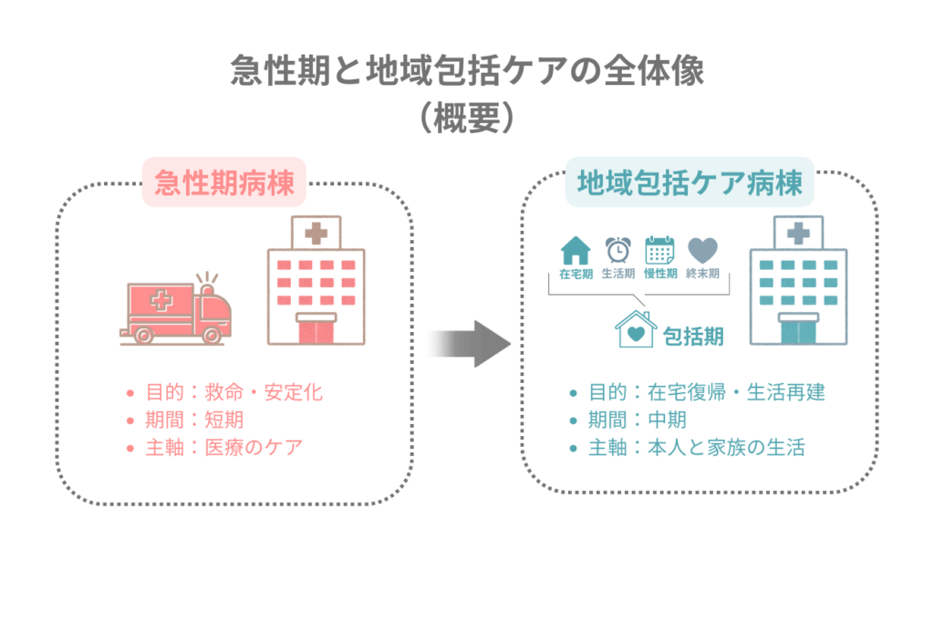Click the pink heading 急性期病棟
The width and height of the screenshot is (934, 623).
click(224, 183)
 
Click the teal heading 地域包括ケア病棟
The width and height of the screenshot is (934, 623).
click(684, 183)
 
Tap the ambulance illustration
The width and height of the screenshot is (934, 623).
click(175, 310)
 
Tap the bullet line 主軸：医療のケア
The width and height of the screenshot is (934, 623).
click(223, 448)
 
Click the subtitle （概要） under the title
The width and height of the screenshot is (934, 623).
click(466, 119)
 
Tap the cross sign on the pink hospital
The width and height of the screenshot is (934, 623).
click(317, 234)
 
